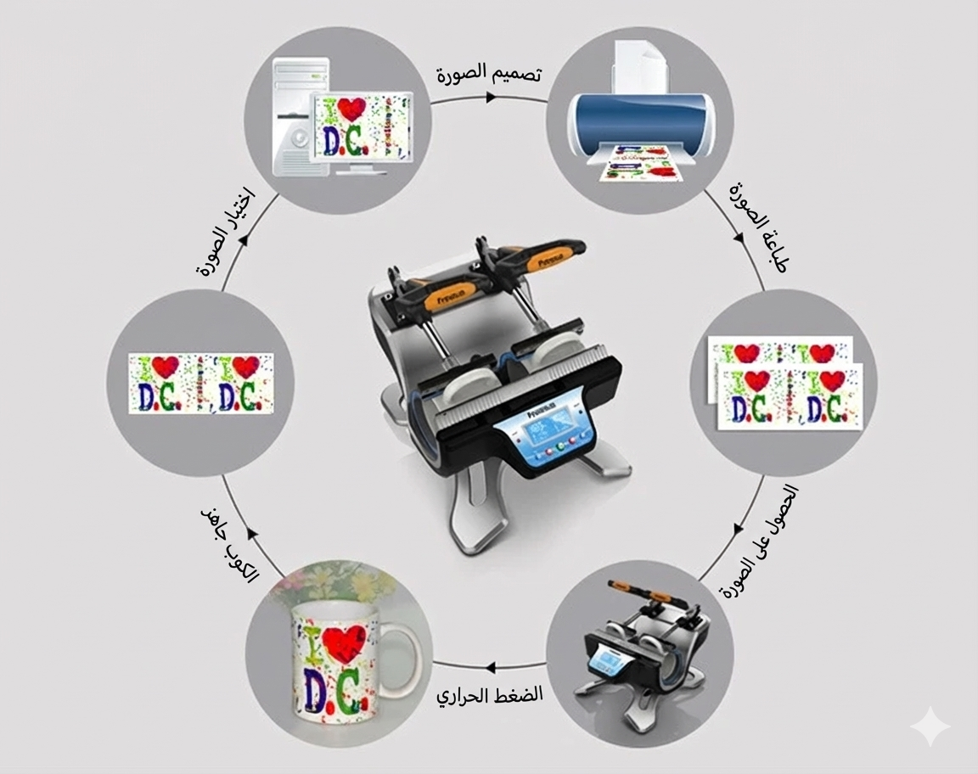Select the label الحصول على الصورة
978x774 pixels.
coord(759,543)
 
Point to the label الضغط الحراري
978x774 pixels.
coord(490,693)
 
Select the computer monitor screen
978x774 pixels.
coord(361,127)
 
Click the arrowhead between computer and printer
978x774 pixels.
coord(491,97)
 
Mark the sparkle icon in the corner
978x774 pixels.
coord(930,726)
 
